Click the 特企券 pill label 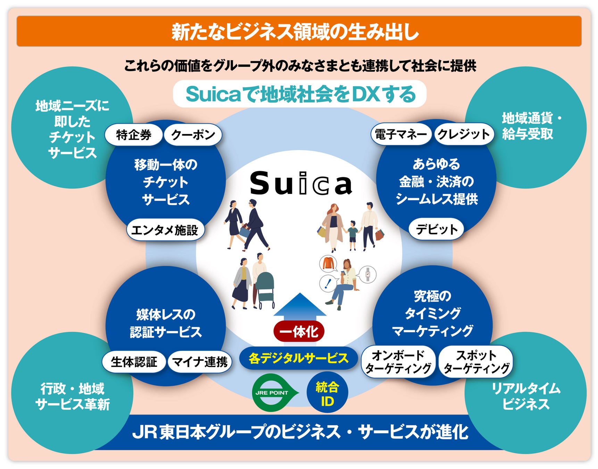tap(134, 135)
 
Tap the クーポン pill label tap(193, 135)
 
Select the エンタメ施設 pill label tap(165, 230)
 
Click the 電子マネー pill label tap(401, 134)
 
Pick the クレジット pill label tap(464, 134)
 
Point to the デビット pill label tap(437, 229)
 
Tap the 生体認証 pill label tap(134, 362)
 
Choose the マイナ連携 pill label tap(200, 362)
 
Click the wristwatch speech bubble tap(367, 274)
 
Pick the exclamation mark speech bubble tap(327, 283)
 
